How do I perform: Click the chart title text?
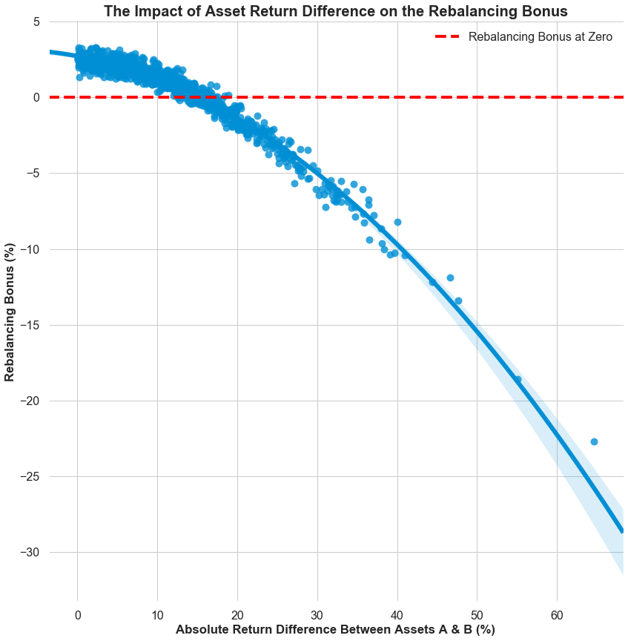click(335, 11)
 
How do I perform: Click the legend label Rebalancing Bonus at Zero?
click(540, 36)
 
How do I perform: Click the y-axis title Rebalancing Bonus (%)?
click(10, 312)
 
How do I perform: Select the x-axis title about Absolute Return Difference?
click(335, 629)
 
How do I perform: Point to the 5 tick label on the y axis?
click(35, 22)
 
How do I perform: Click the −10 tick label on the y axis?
click(28, 249)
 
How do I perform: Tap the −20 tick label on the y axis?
click(28, 401)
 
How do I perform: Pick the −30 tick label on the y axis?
click(28, 553)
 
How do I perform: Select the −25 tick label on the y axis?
click(28, 477)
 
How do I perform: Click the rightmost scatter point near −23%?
click(594, 441)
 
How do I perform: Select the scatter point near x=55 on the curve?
click(518, 379)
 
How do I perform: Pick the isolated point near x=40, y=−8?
click(397, 222)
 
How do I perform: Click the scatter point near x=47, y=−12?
click(450, 277)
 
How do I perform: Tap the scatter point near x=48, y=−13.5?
click(458, 300)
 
